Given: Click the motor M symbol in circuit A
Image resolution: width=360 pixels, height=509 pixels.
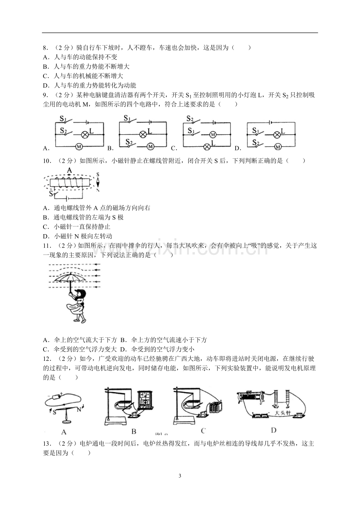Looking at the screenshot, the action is pyautogui.click(x=79, y=147).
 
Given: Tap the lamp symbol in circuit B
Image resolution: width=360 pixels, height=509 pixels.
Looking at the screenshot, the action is pyautogui.click(x=143, y=134).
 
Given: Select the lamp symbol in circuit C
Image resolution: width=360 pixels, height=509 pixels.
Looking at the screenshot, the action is pyautogui.click(x=207, y=147).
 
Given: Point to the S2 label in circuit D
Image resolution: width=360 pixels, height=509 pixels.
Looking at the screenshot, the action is pyautogui.click(x=256, y=142).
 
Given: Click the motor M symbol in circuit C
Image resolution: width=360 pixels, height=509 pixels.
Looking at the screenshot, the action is pyautogui.click(x=213, y=135).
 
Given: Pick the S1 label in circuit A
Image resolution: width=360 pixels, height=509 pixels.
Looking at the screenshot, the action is pyautogui.click(x=63, y=118).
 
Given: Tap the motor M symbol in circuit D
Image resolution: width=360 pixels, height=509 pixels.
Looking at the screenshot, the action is pyautogui.click(x=277, y=147).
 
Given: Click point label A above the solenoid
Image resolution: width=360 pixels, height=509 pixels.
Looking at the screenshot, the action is pyautogui.click(x=69, y=170).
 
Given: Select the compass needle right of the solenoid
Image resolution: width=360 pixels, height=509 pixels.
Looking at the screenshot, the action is pyautogui.click(x=98, y=183).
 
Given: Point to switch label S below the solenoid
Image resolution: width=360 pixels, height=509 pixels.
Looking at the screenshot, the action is pyautogui.click(x=51, y=194).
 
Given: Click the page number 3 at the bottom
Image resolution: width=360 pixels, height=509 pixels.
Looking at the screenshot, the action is pyautogui.click(x=180, y=476).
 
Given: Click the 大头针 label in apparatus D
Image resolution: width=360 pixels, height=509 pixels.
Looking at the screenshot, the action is pyautogui.click(x=283, y=413).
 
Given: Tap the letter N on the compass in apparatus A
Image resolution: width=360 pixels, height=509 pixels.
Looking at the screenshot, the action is pyautogui.click(x=79, y=409).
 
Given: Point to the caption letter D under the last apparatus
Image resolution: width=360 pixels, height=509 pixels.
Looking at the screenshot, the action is pyautogui.click(x=274, y=430).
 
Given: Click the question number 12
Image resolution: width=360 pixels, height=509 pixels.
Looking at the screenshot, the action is pyautogui.click(x=47, y=359).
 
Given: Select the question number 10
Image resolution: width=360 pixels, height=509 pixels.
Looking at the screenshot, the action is pyautogui.click(x=47, y=161).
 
